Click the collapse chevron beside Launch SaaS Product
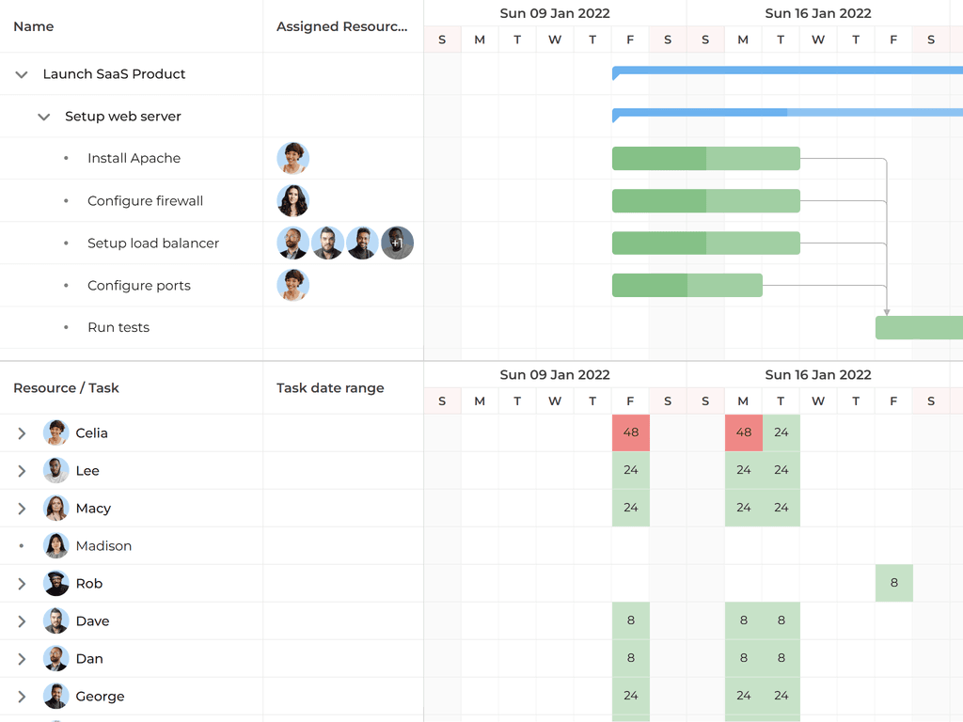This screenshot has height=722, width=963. pos(22,74)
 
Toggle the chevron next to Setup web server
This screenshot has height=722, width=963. pos(43,117)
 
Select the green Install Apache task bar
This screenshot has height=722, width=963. pos(705,159)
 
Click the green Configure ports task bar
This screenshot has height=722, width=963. pos(687,285)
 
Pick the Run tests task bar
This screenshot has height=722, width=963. pos(918,328)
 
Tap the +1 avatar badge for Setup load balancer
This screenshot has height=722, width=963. pos(397,243)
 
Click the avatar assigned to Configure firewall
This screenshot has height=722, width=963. pos(293,201)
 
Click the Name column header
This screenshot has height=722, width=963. pos(34,26)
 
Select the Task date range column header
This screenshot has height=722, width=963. pos(330,388)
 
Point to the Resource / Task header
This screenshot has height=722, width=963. pos(66,388)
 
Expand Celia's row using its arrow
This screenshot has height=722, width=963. pos(22,433)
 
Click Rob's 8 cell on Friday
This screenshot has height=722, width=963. pos(893,584)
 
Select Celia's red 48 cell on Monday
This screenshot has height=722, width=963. pos(743,433)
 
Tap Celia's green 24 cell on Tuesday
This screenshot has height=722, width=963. pos(781,433)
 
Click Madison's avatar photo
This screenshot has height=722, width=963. pos(56,546)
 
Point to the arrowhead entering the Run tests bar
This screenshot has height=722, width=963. pos(887,311)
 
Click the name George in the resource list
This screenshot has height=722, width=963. pos(100,697)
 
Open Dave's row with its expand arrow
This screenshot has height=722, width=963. pos(22,621)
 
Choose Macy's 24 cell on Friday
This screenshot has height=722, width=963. pos(630,509)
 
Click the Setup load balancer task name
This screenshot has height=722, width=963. pos(153,243)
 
